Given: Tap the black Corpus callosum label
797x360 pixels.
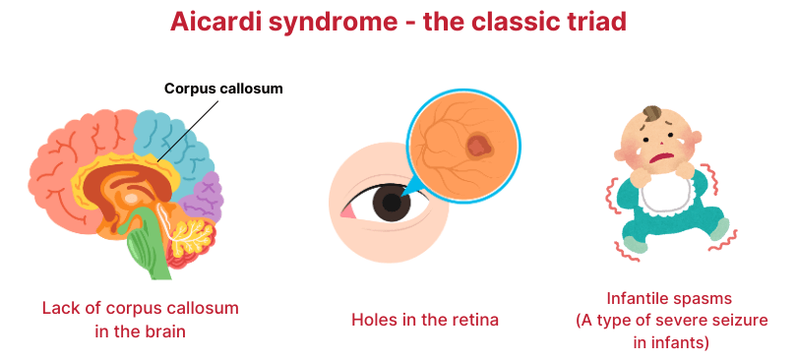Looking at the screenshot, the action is pyautogui.click(x=223, y=89).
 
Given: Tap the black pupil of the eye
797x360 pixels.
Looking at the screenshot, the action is pyautogui.click(x=392, y=203).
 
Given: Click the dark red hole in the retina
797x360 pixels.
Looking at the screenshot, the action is pyautogui.click(x=478, y=147).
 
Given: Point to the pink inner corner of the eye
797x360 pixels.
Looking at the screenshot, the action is pyautogui.click(x=347, y=213).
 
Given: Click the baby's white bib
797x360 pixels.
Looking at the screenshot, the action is pyautogui.click(x=666, y=196).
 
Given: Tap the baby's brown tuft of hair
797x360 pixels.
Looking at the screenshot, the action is pyautogui.click(x=652, y=113).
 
